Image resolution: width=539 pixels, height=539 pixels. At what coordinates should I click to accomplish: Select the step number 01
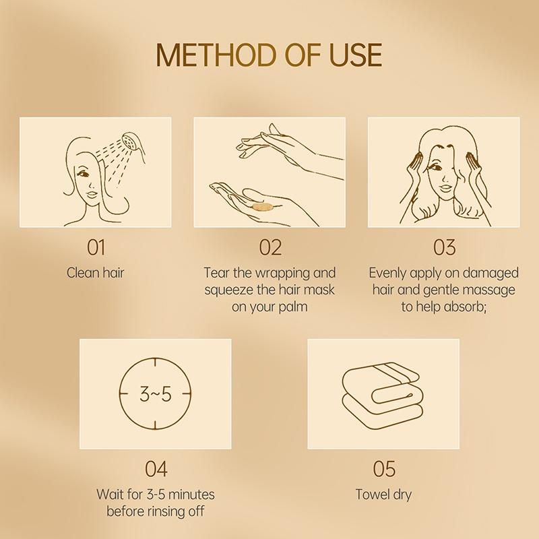tap(96, 247)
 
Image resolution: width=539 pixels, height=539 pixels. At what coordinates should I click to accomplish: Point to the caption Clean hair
tap(96, 273)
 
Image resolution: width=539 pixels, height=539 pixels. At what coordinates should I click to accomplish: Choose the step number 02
tap(270, 247)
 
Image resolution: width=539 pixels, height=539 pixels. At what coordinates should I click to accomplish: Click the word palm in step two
tap(290, 307)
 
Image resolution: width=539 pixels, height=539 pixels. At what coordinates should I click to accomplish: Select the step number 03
tap(444, 247)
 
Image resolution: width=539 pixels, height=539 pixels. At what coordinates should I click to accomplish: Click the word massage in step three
tap(490, 290)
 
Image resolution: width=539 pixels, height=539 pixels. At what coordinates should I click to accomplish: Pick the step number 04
tap(156, 468)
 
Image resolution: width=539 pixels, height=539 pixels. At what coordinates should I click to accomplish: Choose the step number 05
tap(383, 468)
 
